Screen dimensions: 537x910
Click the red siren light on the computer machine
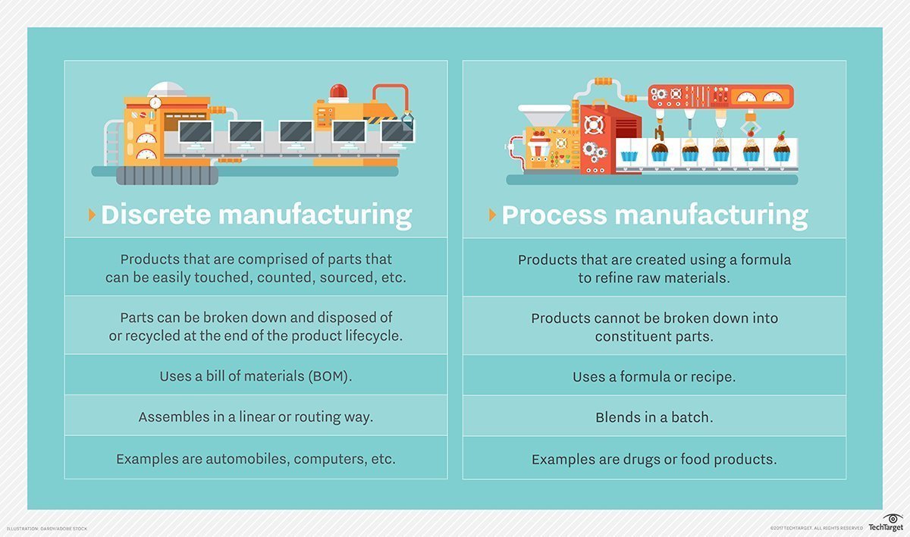click(339, 93)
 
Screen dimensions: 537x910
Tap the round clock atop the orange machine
click(155, 102)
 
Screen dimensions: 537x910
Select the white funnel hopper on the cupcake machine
click(543, 116)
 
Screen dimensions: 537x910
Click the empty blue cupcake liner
click(629, 155)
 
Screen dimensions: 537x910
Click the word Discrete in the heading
click(155, 215)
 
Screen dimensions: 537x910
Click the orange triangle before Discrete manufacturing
click(93, 215)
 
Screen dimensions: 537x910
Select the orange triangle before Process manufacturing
click(493, 215)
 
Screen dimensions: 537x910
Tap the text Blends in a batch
click(654, 417)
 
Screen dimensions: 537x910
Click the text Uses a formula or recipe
click(654, 375)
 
